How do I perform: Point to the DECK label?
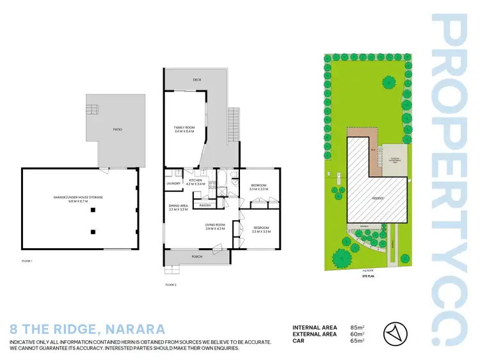pos(198,80)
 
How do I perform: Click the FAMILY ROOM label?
pos(184,129)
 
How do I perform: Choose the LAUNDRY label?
pos(173,185)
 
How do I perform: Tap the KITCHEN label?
pos(196,182)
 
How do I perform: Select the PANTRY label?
pos(205,205)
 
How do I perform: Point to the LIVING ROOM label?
pos(216,226)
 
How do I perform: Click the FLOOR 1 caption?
pos(27,262)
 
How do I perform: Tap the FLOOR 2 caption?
pos(171,284)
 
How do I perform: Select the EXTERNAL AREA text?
pos(314,334)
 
